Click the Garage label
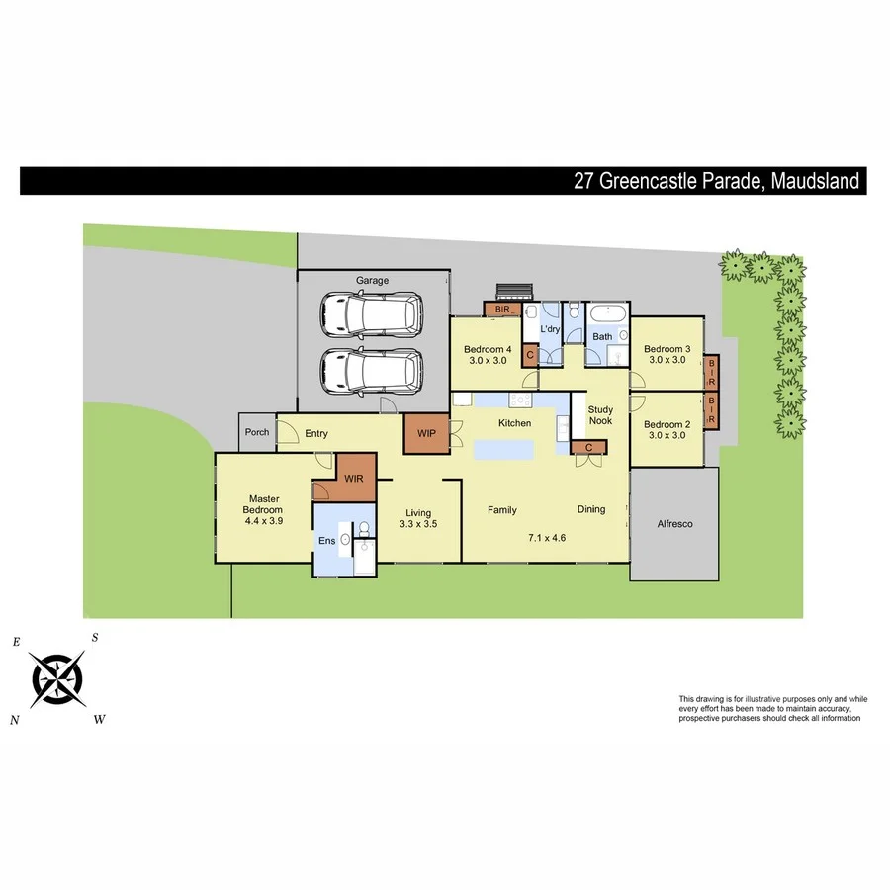[x=372, y=281]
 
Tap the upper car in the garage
[x=371, y=314]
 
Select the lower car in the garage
[x=371, y=371]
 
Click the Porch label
[x=257, y=432]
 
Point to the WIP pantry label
[x=427, y=433]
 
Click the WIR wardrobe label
[x=354, y=479]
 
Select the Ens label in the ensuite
[x=325, y=540]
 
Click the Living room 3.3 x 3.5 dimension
[x=417, y=525]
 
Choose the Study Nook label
[x=600, y=415]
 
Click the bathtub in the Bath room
[x=604, y=315]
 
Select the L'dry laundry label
[x=550, y=329]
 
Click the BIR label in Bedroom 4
[x=502, y=310]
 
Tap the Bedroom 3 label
[x=667, y=349]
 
